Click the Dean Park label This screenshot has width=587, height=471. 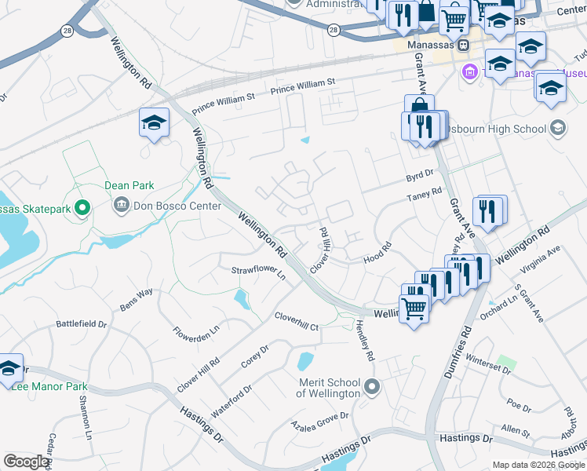pos(129,186)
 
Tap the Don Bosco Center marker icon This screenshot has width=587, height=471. pos(122,206)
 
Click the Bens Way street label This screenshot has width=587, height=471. pos(136,298)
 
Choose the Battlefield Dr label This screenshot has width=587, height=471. pos(81,323)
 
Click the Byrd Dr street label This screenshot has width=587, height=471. pos(420,175)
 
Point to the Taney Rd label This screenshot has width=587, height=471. pos(425,194)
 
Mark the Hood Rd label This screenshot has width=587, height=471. pos(377,258)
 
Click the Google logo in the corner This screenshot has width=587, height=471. pos(26,462)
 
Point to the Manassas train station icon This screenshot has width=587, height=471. pos(464,46)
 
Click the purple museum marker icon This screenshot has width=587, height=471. pos(470,73)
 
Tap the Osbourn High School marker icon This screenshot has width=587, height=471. pos(558,128)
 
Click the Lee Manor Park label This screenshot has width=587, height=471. pos(50,386)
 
